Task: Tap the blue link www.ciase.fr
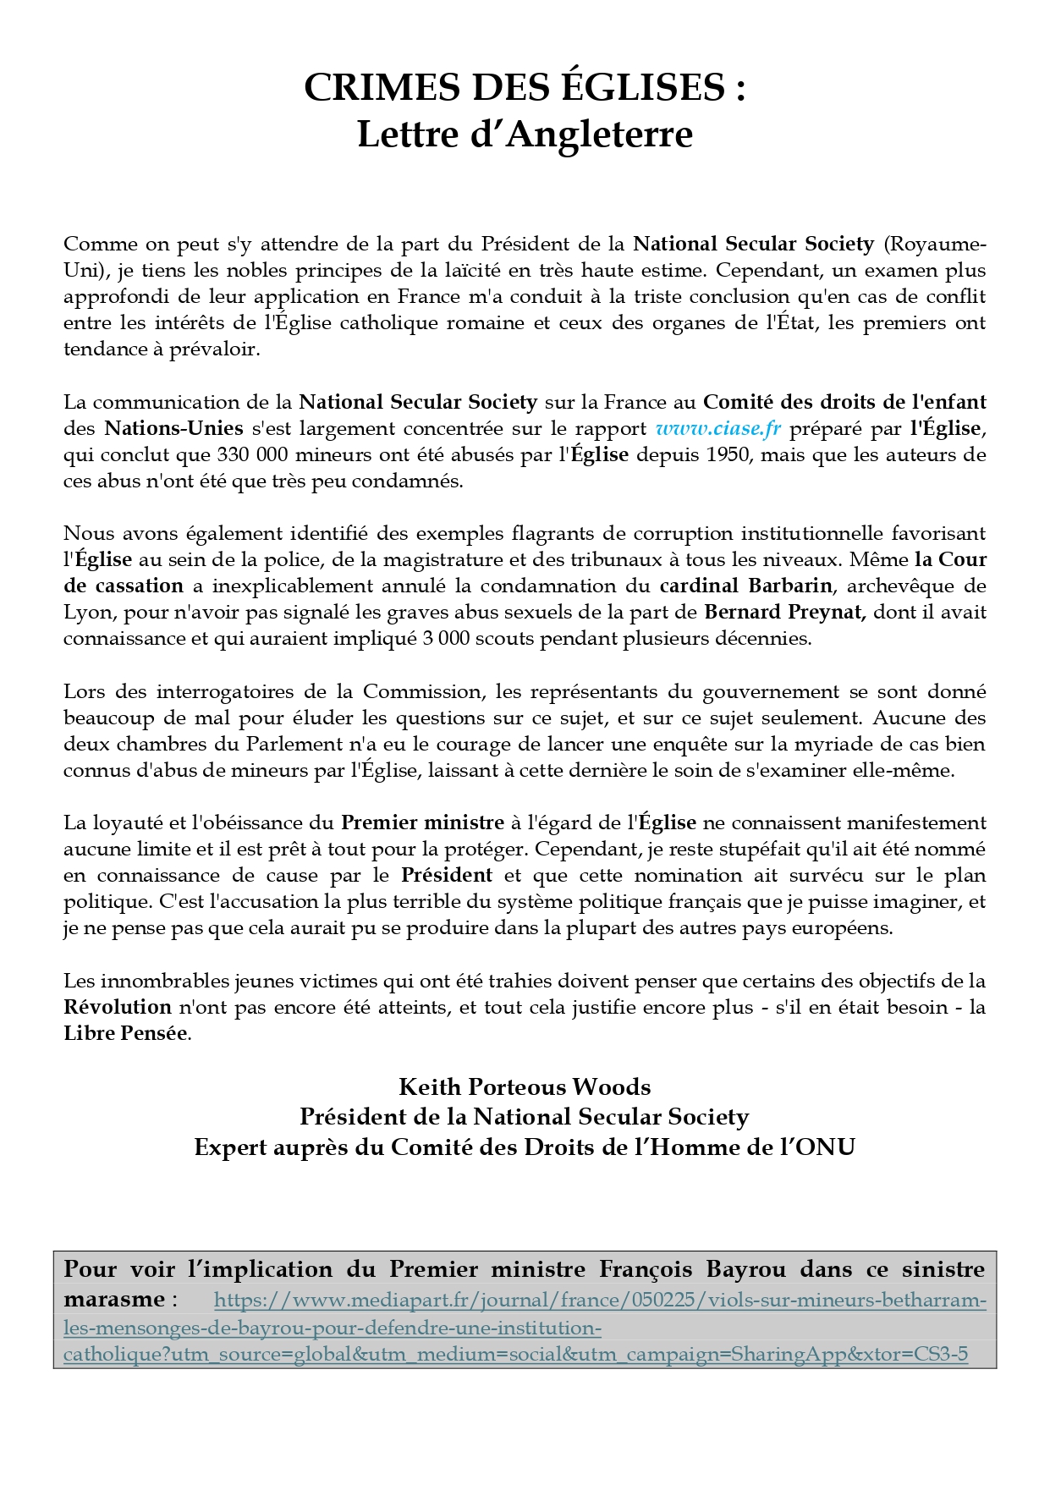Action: [718, 428]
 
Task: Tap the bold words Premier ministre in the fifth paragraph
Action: [422, 822]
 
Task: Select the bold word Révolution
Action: [118, 1007]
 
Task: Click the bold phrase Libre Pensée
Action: [125, 1033]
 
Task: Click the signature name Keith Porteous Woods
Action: [525, 1086]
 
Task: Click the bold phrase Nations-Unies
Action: [173, 428]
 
